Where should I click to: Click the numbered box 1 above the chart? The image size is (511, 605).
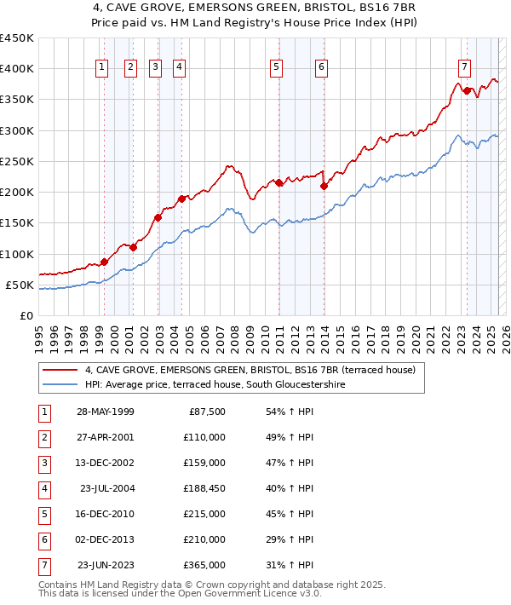tap(102, 68)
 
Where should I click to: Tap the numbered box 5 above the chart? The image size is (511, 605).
tap(277, 68)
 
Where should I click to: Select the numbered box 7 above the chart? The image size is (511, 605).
tap(464, 68)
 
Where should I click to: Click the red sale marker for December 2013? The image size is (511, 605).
tap(324, 186)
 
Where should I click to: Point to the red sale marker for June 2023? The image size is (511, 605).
tap(467, 90)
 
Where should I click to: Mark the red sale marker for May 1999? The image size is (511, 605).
tap(104, 262)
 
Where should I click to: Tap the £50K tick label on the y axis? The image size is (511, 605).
tap(20, 285)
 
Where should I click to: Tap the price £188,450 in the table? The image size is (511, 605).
tap(204, 489)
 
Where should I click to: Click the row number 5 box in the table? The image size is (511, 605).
tap(43, 515)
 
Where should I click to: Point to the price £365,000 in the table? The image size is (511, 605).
tap(204, 566)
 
